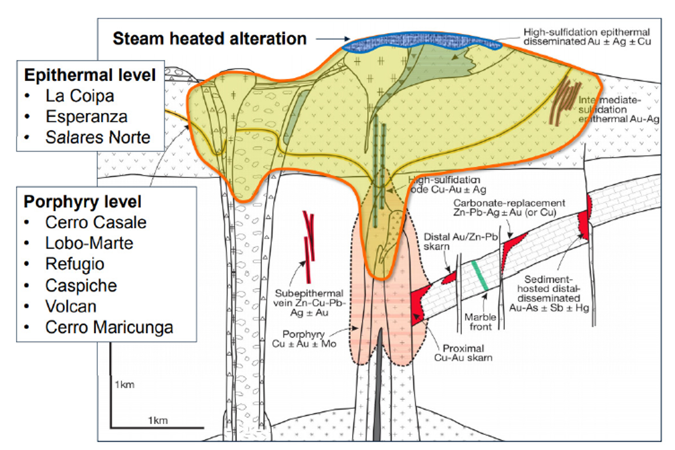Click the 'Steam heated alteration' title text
point(209,38)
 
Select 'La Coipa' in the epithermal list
point(80,96)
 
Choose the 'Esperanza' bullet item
point(86,117)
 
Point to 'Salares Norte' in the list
point(97,137)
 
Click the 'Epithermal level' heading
point(90,75)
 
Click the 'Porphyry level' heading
point(82,202)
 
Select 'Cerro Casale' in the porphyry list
point(96,222)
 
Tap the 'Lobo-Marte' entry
point(89,243)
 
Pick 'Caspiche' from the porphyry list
point(81,285)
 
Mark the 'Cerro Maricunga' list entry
point(109,327)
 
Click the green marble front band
point(480,276)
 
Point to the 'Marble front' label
point(480,322)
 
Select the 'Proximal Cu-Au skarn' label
point(463,353)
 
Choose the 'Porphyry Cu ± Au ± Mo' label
point(304,339)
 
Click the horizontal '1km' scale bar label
point(157,420)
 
